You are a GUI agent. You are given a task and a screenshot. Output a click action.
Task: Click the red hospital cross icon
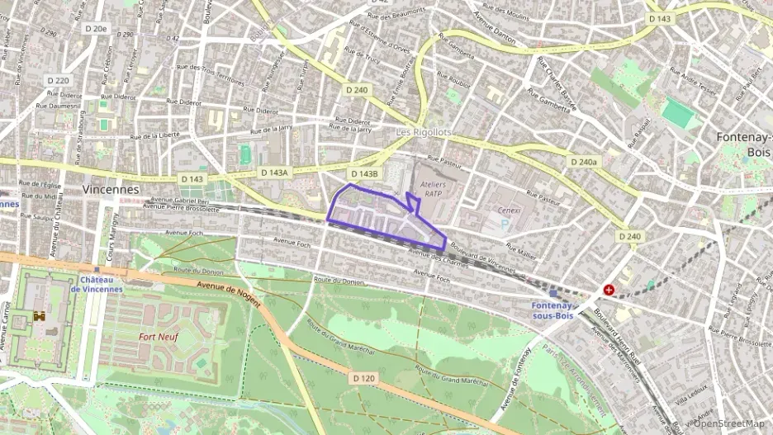coord(609,290)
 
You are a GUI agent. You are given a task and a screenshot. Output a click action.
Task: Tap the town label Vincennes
coord(110,189)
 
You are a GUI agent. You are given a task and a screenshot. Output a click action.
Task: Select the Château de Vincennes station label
coord(96,284)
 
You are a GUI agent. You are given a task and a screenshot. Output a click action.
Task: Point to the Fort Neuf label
coord(159,337)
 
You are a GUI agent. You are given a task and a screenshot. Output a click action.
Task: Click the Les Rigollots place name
coord(424,132)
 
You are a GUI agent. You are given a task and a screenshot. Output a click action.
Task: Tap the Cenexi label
coord(509,210)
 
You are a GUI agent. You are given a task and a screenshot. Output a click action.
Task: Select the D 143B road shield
coord(363,174)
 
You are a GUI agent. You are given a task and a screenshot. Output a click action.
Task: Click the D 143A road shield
coord(273,173)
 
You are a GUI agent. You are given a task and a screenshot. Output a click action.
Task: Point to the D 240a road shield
coord(583,163)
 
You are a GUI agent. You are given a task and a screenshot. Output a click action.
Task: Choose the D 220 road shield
coord(57,81)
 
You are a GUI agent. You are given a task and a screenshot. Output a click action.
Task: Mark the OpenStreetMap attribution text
coord(728,423)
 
